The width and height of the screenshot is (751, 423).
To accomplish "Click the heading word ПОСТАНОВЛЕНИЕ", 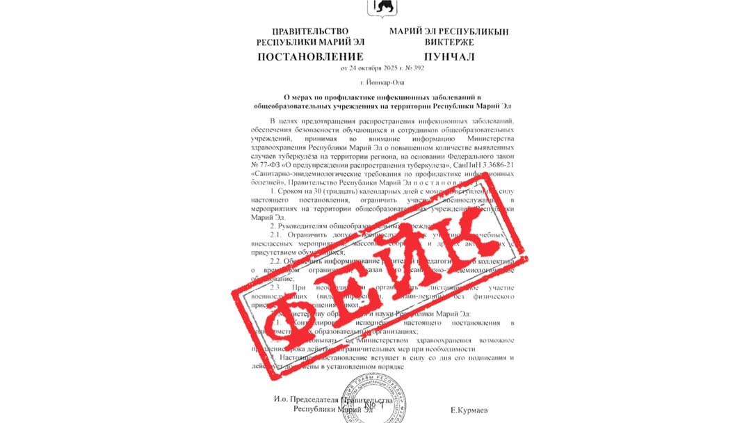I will pyautogui.click(x=310, y=56).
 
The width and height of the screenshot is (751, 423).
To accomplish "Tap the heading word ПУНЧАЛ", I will pyautogui.click(x=449, y=56).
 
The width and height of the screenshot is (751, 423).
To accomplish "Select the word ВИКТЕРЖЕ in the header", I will pyautogui.click(x=449, y=42).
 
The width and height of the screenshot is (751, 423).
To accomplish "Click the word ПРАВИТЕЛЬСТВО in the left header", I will pyautogui.click(x=310, y=32).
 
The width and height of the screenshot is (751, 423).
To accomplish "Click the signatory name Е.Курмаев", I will pyautogui.click(x=469, y=410).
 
